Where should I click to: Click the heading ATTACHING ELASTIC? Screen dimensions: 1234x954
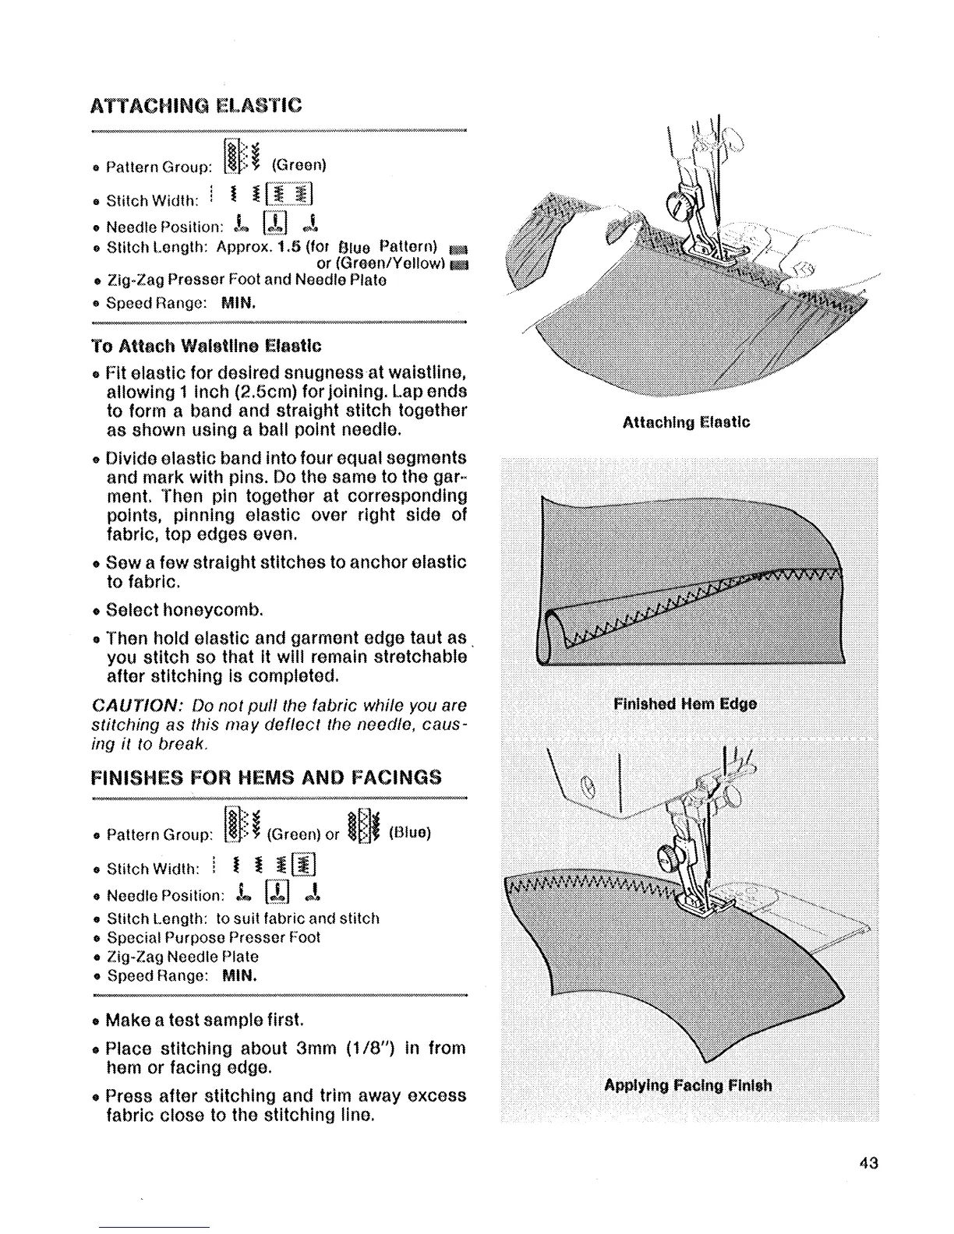pyautogui.click(x=196, y=105)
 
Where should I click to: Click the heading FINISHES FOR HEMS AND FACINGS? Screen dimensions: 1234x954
pyautogui.click(x=266, y=777)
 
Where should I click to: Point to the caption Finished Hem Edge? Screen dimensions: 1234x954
pyautogui.click(x=684, y=704)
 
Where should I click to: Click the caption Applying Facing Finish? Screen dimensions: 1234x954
pyautogui.click(x=688, y=1085)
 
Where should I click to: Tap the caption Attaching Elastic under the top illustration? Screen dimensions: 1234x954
pyautogui.click(x=686, y=422)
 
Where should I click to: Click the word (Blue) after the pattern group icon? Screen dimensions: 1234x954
pyautogui.click(x=409, y=833)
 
